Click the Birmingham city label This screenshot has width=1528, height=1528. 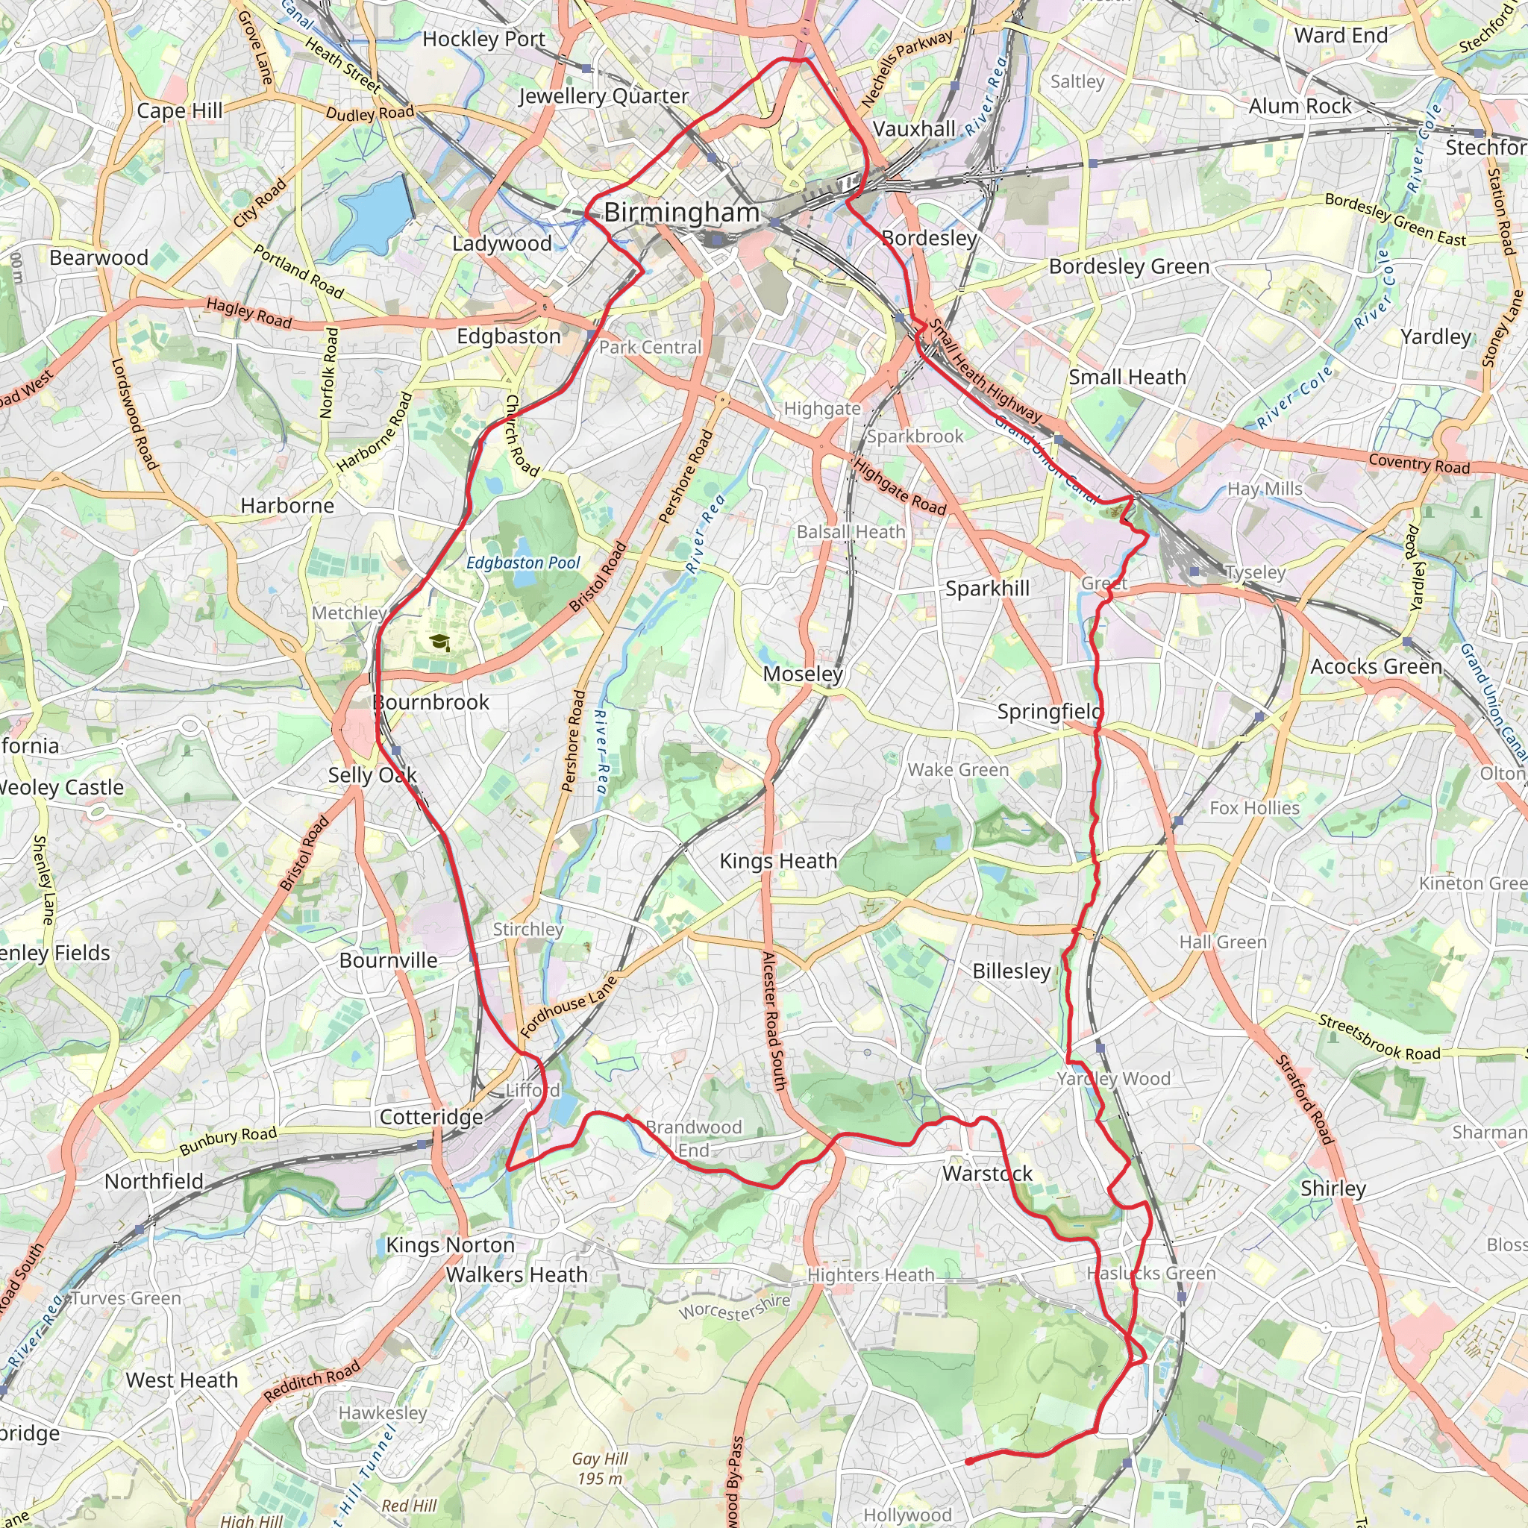coord(681,213)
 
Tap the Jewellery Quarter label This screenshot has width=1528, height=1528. coord(604,96)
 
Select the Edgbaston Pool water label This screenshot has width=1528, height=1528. coord(523,563)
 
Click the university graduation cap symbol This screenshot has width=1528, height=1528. coord(440,642)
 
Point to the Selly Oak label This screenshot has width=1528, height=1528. coord(372,775)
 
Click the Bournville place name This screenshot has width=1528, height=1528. coord(388,960)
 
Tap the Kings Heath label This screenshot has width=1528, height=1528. coord(778,861)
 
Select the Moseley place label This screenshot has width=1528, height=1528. coord(803,674)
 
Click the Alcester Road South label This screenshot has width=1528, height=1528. coord(773,1020)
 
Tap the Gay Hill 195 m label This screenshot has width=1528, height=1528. coord(600,1468)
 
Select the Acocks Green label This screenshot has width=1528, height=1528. coord(1376,667)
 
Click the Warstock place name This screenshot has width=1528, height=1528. coord(987,1174)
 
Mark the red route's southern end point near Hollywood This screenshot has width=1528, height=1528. coord(968,1462)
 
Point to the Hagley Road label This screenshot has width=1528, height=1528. coord(249,313)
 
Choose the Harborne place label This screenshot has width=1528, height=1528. coord(287,505)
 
